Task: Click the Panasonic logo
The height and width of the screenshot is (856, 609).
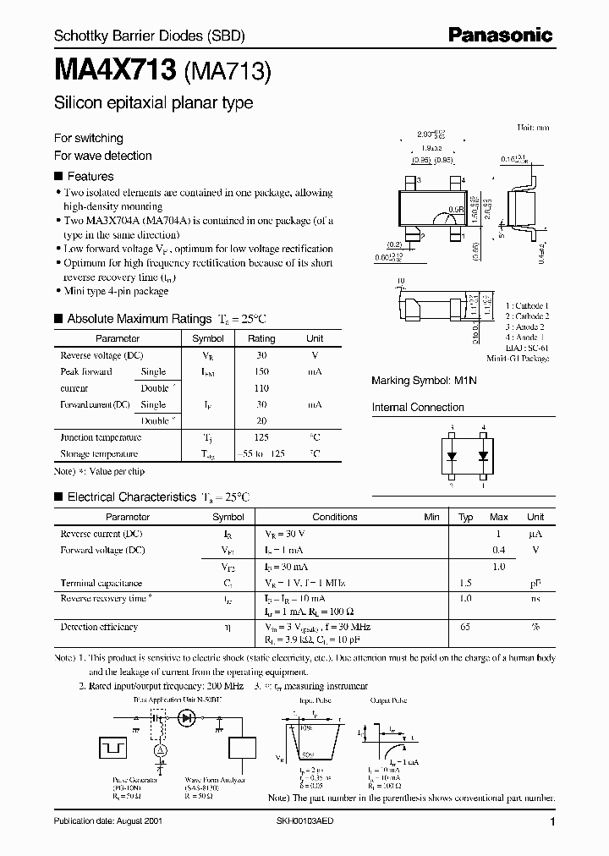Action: click(501, 35)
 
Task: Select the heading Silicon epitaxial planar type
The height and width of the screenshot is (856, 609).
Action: click(153, 103)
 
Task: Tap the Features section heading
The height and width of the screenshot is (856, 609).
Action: click(90, 177)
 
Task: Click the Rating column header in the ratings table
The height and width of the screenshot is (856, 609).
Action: click(261, 338)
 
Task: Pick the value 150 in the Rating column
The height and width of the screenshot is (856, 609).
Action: click(261, 371)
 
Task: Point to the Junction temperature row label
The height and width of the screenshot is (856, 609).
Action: click(101, 437)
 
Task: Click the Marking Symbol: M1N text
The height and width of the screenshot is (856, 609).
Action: click(424, 381)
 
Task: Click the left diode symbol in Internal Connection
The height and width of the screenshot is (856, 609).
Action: click(453, 455)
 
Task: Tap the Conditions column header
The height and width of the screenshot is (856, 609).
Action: click(335, 517)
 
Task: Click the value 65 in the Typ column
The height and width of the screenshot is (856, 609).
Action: click(465, 627)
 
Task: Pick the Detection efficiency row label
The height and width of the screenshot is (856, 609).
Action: click(99, 627)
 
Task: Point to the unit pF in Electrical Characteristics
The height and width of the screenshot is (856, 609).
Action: click(535, 583)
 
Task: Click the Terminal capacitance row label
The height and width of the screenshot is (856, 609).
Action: click(101, 583)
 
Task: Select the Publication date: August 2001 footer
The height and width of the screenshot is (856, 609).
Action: click(107, 821)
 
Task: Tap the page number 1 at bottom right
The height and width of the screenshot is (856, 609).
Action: click(552, 822)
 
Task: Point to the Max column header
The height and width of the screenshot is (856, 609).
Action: click(499, 517)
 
